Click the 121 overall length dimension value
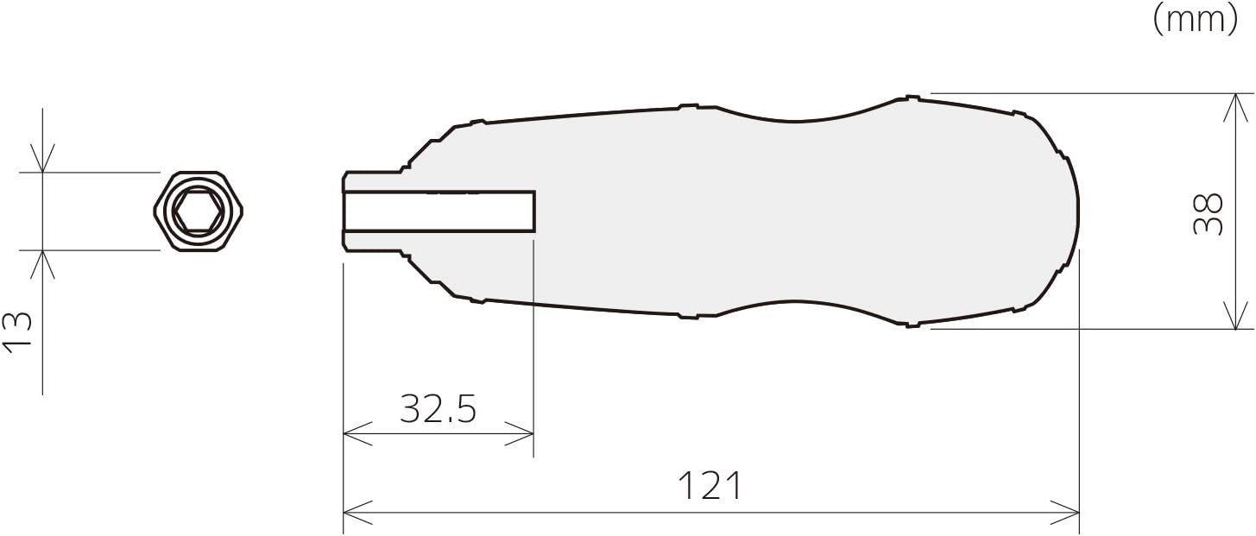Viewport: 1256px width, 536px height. [x=710, y=486]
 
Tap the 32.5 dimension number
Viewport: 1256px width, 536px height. [x=438, y=409]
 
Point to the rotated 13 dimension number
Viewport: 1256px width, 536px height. [x=17, y=332]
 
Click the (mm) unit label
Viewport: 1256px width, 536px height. [x=1195, y=21]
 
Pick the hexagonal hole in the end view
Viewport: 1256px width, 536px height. [x=198, y=211]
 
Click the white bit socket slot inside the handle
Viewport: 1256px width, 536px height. [x=439, y=211]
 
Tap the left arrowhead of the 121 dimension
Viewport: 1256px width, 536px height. [x=357, y=513]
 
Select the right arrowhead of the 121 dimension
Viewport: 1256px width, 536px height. [x=1065, y=513]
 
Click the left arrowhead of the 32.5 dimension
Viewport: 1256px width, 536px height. [x=357, y=433]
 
